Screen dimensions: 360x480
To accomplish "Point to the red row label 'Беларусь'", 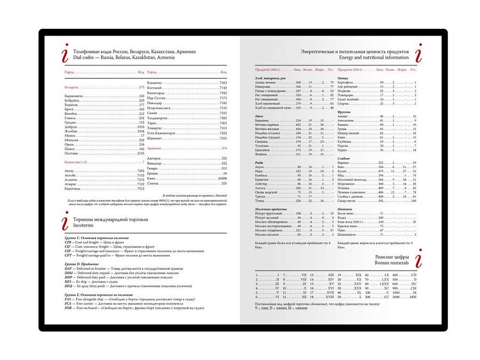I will click(72, 87).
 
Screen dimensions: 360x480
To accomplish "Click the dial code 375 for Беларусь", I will click(141, 87).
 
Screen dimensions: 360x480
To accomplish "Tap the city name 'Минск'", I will click(70, 135).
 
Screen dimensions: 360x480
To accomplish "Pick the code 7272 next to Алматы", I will click(140, 179).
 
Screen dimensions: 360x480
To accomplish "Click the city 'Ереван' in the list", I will click(153, 173).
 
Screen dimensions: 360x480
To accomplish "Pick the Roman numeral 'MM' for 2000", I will click(413, 298).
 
